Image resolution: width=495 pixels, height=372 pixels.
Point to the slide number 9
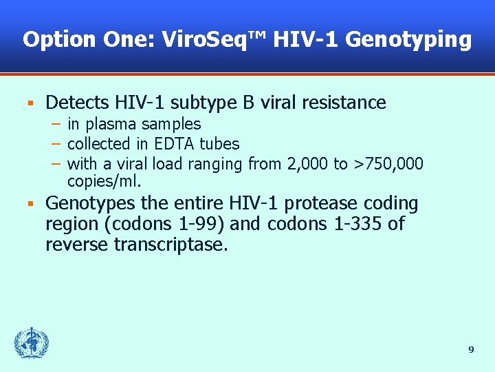471,350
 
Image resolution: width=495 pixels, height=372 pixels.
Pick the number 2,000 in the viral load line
302,164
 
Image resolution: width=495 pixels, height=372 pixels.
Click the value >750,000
388,164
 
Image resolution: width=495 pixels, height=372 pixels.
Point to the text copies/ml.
104,182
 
